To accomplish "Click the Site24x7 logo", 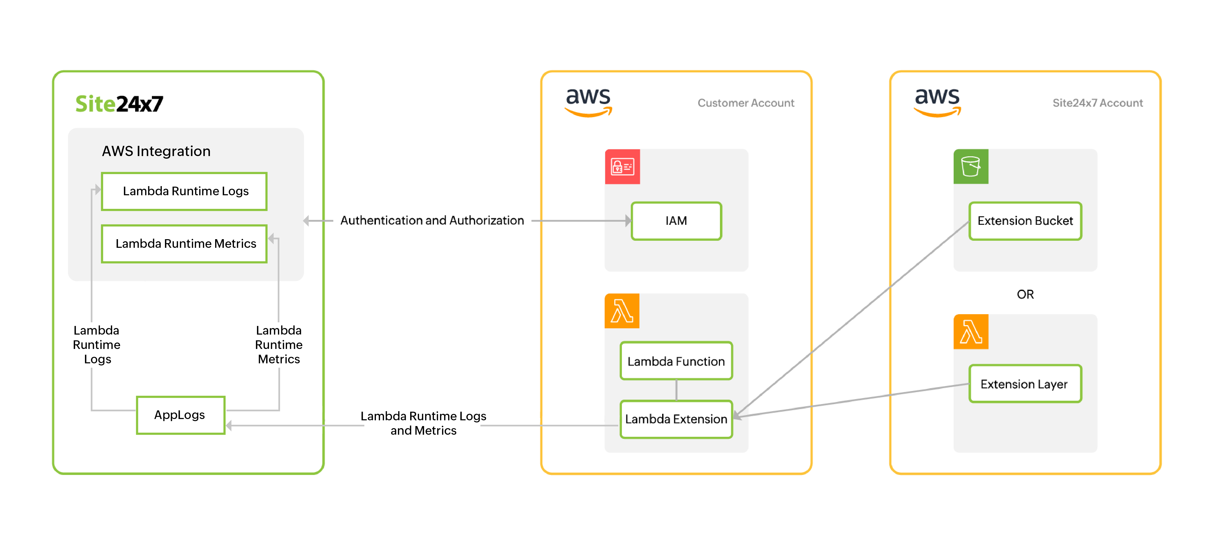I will pos(119,104).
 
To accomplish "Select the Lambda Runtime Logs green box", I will pos(184,191).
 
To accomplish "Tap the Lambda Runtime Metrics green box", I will pos(184,244).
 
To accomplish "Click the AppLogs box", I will pos(180,415).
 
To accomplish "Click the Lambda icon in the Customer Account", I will pos(622,311).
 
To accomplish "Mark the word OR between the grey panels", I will pos(1025,294).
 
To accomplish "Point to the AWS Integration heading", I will pos(156,151).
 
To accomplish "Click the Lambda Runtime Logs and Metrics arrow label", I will pos(423,423).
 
